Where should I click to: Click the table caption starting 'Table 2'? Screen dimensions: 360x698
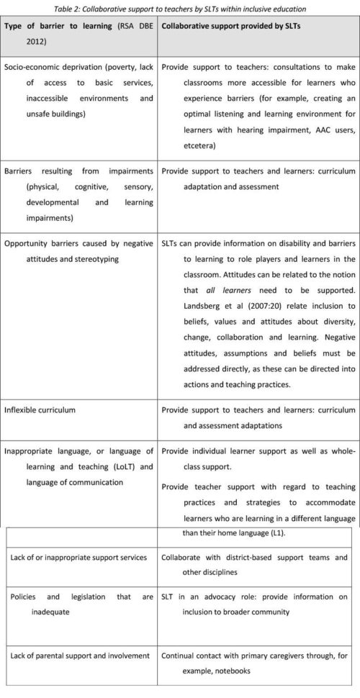tap(180, 8)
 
